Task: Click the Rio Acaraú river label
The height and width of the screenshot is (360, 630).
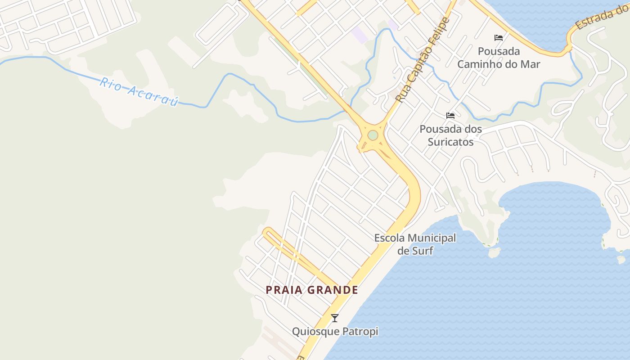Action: [x=139, y=92]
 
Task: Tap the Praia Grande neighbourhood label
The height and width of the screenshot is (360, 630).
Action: [x=312, y=290]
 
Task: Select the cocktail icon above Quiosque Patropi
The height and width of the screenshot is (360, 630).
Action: [x=335, y=318]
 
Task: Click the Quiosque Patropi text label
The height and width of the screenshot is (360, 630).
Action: [x=335, y=332]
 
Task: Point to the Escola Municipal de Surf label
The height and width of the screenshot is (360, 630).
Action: [x=415, y=244]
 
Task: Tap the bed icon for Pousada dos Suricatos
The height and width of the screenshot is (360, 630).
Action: [x=450, y=116]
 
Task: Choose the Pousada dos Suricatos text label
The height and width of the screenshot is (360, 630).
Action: [x=450, y=135]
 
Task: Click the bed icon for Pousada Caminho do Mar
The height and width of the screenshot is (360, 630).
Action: [x=499, y=37]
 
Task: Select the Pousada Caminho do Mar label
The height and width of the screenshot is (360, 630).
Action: [x=499, y=58]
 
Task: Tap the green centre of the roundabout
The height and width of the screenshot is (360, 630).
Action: [x=373, y=135]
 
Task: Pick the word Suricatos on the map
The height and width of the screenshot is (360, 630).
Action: [x=450, y=142]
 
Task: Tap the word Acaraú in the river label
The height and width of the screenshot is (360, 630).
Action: [x=153, y=95]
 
